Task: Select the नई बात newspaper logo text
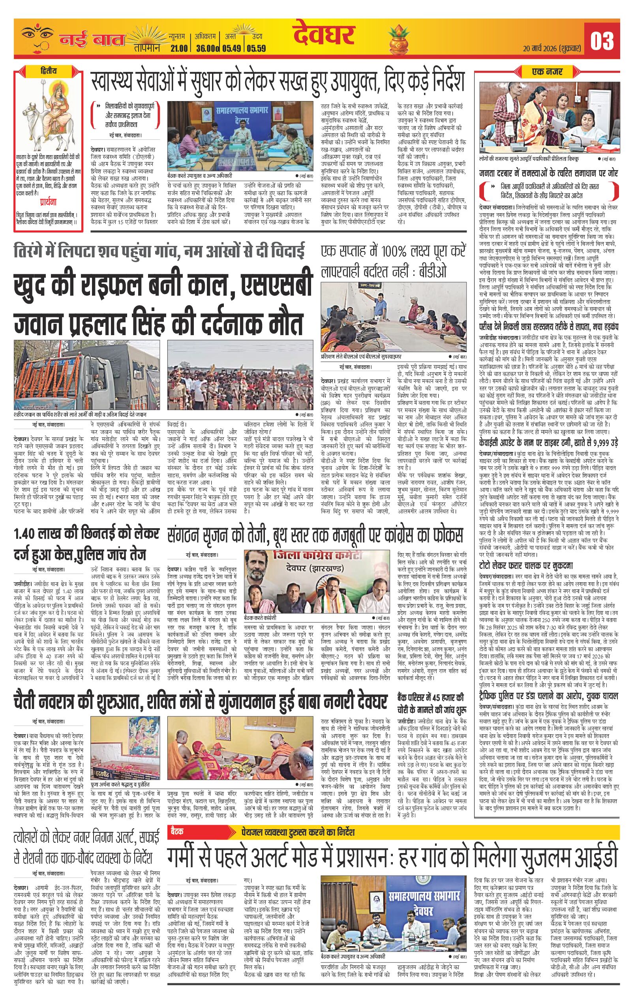(92, 40)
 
